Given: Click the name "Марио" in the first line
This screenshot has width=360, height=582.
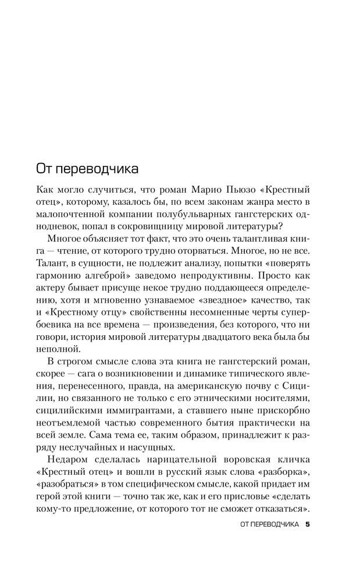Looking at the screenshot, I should point(191,190).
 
